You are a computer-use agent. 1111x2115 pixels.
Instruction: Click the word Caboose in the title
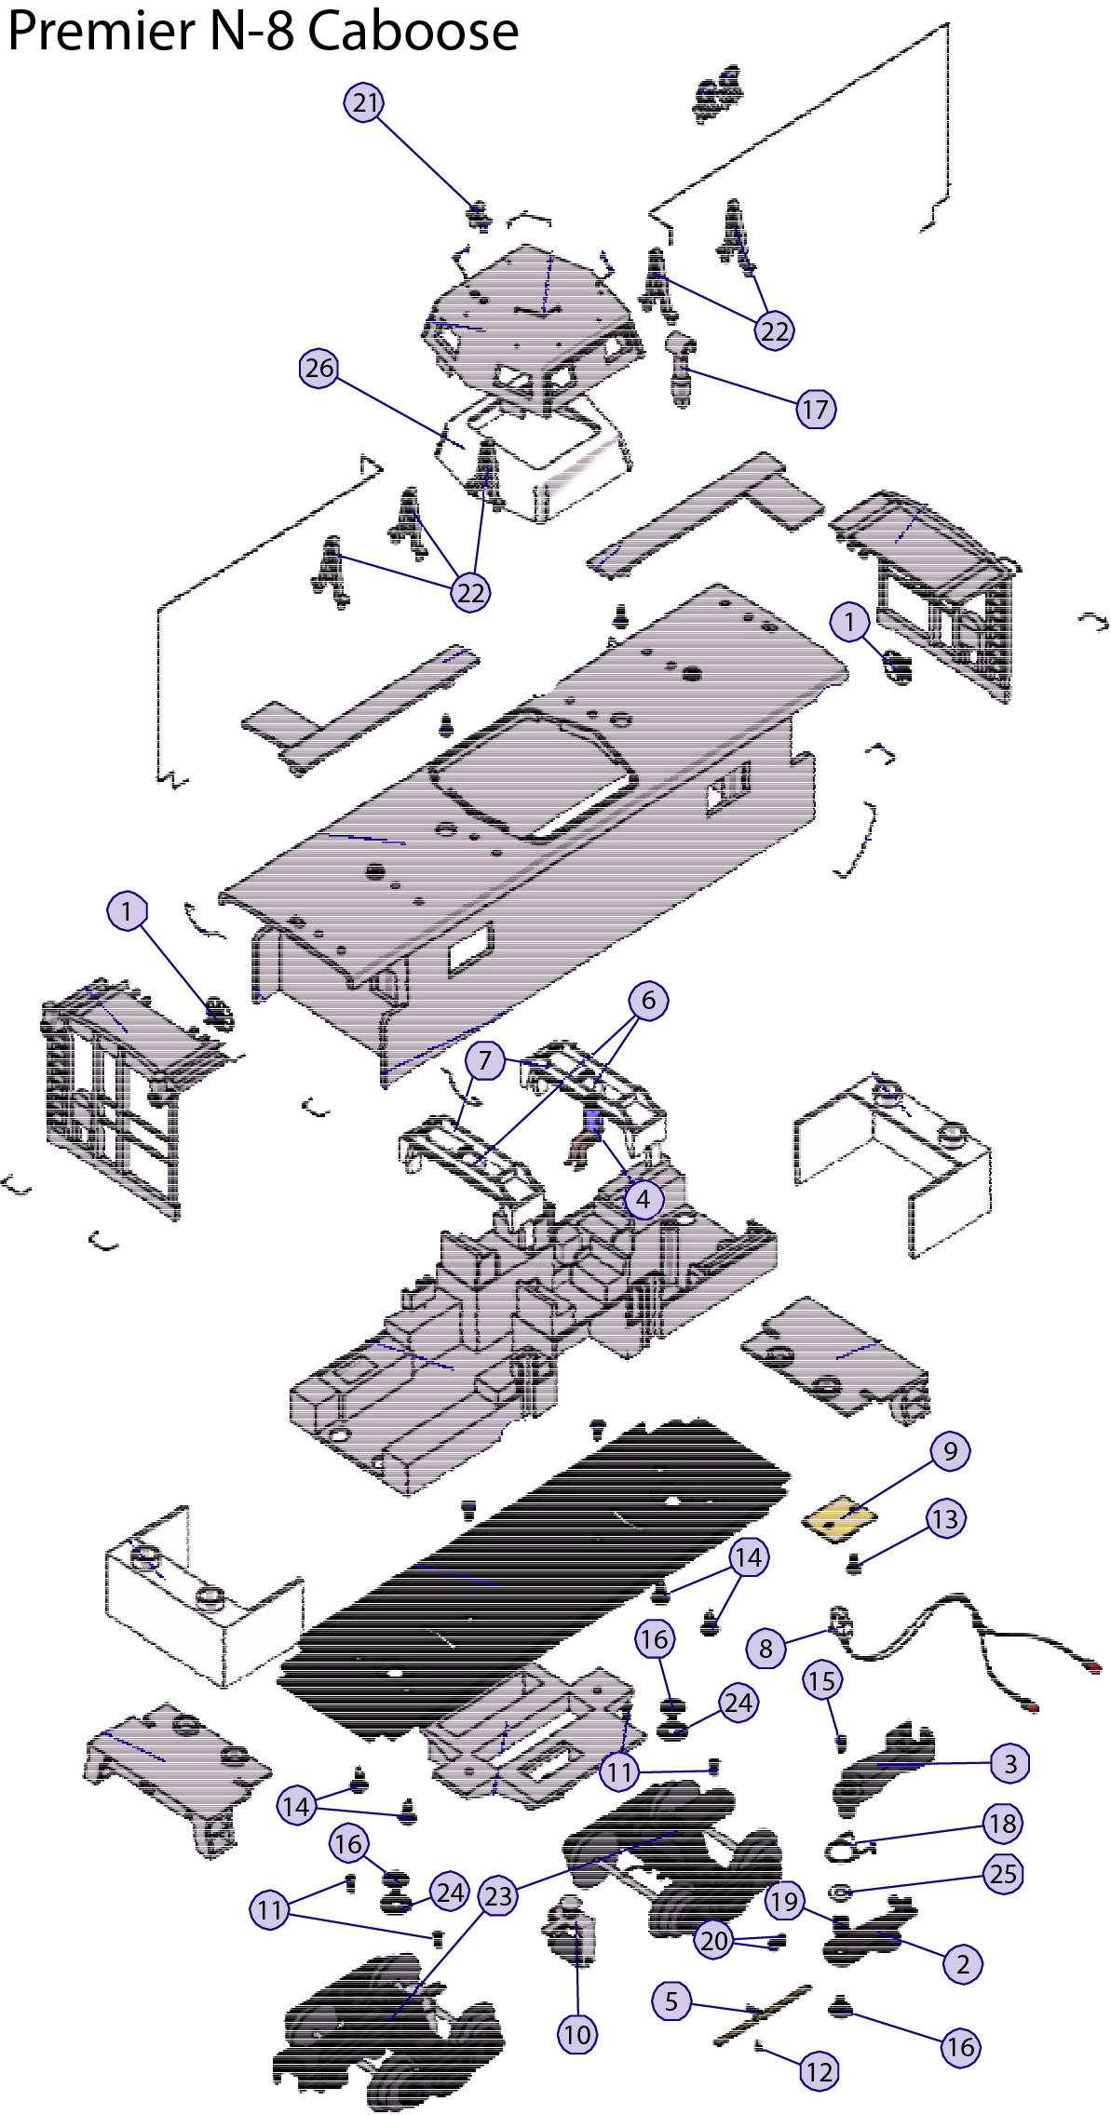(x=413, y=31)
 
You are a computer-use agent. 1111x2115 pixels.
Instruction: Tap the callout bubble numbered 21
(x=365, y=102)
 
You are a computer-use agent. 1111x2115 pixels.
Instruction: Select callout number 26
(x=319, y=369)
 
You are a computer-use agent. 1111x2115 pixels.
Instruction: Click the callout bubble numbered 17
(x=816, y=409)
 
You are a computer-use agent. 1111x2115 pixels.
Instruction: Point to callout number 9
(x=950, y=1451)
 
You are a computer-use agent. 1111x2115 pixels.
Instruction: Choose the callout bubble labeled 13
(x=945, y=1519)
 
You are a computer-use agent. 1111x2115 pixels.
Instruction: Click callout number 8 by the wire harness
(x=766, y=1650)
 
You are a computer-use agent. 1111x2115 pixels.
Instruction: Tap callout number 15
(x=822, y=1680)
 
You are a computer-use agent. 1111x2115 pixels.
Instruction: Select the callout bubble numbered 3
(x=1010, y=1763)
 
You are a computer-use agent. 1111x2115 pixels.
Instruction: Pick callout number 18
(x=1003, y=1824)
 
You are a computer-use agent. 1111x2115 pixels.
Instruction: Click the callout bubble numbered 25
(x=1003, y=1874)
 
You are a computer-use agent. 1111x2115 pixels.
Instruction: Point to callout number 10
(x=577, y=2034)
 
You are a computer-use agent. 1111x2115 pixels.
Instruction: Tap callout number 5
(x=671, y=2000)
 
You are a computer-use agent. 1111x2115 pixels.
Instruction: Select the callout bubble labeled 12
(x=820, y=2071)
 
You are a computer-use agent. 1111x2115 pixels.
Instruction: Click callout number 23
(x=498, y=1895)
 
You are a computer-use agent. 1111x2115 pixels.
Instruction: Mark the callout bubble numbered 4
(x=644, y=1199)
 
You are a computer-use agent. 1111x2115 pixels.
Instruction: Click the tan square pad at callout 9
(x=840, y=1519)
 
